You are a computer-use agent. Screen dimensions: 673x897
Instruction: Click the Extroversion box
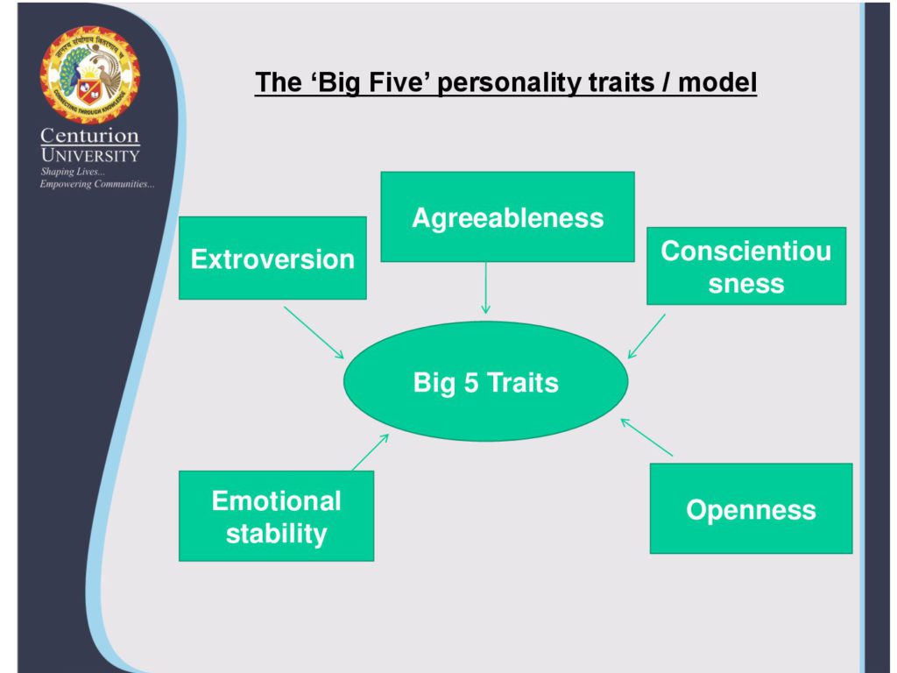click(x=272, y=259)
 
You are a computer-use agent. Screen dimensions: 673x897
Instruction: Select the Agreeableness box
click(x=507, y=216)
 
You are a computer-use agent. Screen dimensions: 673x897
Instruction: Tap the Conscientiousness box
click(x=746, y=266)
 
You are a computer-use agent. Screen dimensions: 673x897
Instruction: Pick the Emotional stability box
click(x=276, y=516)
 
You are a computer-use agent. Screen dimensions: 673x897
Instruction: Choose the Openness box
click(x=751, y=509)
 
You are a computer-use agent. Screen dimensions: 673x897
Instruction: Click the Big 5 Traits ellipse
click(x=485, y=382)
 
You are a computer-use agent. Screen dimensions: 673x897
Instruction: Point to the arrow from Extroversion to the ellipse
click(x=314, y=332)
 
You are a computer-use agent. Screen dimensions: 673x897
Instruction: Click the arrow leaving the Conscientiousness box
click(x=646, y=336)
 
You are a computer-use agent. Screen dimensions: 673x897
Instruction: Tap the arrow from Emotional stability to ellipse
click(x=371, y=451)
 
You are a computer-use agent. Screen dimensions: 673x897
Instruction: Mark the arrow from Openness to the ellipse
click(x=646, y=437)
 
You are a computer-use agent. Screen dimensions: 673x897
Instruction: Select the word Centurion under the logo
click(x=90, y=137)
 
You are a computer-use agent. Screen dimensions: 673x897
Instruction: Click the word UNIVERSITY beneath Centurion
click(x=90, y=155)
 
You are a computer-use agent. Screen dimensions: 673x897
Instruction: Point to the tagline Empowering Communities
click(x=97, y=184)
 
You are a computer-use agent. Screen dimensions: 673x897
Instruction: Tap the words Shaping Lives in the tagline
click(x=66, y=172)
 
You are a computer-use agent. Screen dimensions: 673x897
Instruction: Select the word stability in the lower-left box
click(x=276, y=533)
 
